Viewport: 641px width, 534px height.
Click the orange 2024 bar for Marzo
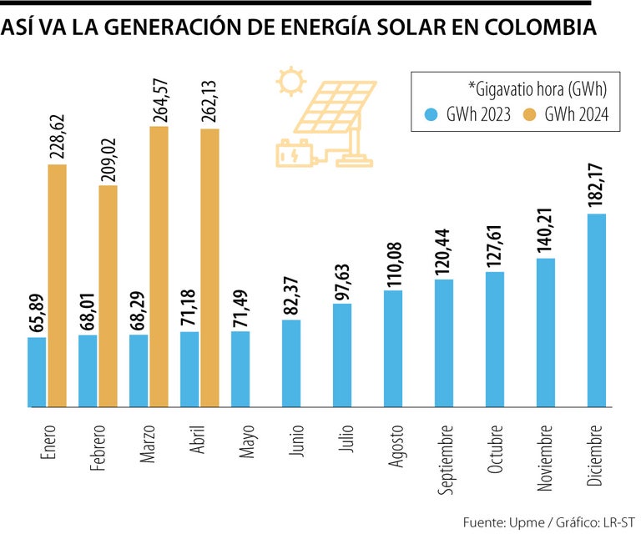pos(159,267)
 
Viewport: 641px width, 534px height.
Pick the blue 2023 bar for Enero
pos(37,372)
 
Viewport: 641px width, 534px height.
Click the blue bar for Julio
pos(341,355)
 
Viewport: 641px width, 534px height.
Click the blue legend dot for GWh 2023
pos(430,113)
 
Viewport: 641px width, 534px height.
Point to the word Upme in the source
pos(522,522)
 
